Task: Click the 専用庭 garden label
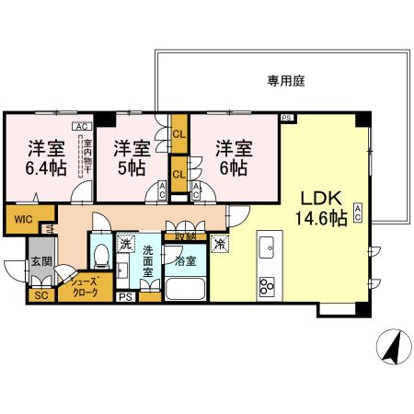coord(286,81)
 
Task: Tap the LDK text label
coord(319,198)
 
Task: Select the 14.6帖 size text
coord(319,218)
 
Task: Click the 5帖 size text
coord(130,168)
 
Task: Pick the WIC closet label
coord(21,219)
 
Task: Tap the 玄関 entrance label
coord(40,260)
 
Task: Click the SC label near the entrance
coord(40,295)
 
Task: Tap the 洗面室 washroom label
coord(148,267)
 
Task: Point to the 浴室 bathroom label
coord(185,261)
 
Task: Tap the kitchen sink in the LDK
coord(270,248)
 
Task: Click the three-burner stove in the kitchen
coord(269,284)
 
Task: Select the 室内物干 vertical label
coord(87,157)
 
